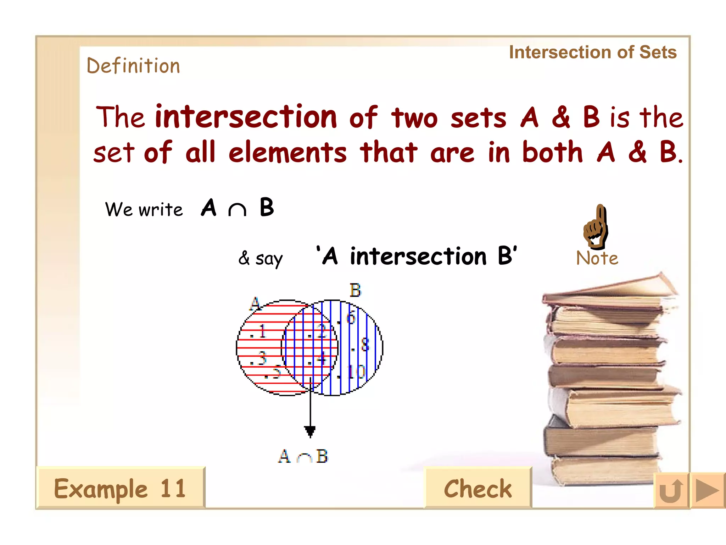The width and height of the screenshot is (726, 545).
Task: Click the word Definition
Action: (x=133, y=66)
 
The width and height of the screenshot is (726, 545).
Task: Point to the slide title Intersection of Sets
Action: (x=593, y=53)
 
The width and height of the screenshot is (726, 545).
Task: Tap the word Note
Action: (x=597, y=258)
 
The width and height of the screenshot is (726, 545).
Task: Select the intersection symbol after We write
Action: (x=237, y=209)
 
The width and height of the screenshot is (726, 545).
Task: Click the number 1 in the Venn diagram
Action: (x=262, y=331)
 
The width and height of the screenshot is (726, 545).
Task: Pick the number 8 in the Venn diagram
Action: (x=364, y=345)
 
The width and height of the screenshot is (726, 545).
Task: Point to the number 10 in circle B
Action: (x=356, y=372)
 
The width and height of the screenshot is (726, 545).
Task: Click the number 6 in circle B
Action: (x=350, y=318)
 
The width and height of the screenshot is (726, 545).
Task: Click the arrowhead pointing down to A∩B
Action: (x=310, y=431)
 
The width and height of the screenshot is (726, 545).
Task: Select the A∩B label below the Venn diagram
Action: (x=303, y=456)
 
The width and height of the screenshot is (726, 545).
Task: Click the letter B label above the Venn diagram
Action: (x=355, y=290)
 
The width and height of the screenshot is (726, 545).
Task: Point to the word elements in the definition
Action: (x=287, y=153)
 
